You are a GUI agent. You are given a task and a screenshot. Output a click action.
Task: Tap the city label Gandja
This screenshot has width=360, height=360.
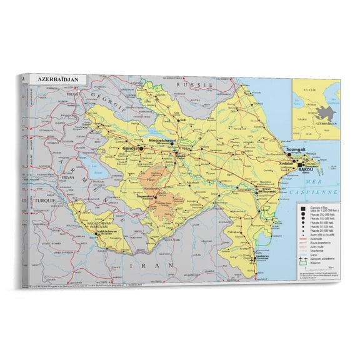pyautogui.click(x=132, y=148)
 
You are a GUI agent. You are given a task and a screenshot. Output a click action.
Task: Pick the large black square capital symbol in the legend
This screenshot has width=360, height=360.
pyautogui.click(x=301, y=209)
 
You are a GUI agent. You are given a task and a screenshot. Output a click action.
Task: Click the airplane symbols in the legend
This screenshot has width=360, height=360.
pyautogui.click(x=302, y=257)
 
